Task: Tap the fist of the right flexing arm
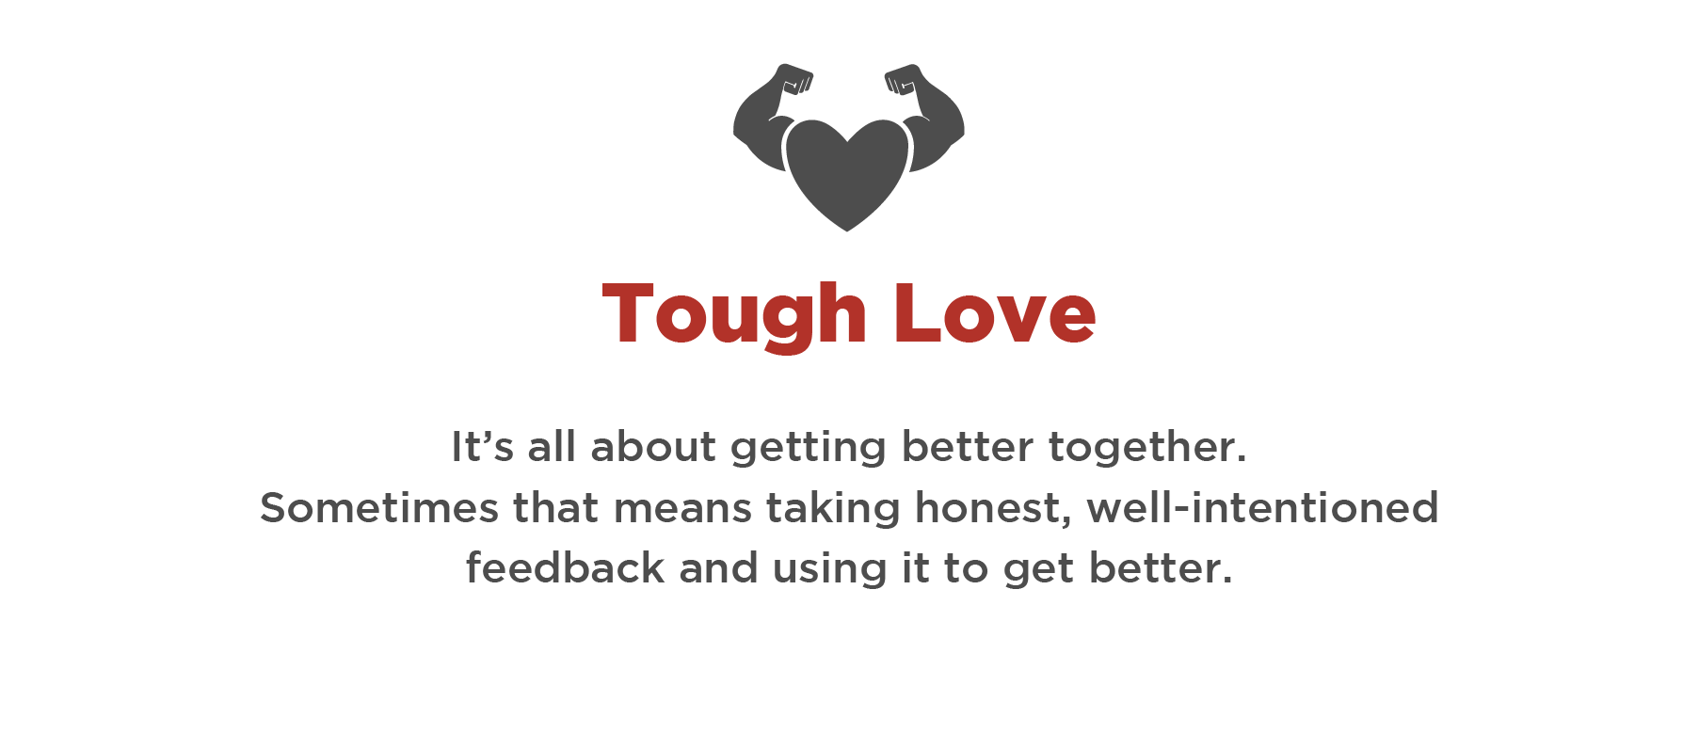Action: point(904,80)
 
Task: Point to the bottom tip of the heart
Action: point(847,231)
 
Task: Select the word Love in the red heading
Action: point(996,313)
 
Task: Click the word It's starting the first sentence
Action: point(483,446)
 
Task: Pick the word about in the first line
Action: point(653,446)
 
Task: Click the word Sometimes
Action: point(379,508)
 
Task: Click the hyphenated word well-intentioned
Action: point(1263,508)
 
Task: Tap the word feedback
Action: point(566,568)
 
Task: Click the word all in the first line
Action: point(552,446)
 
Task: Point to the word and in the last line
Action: point(719,568)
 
